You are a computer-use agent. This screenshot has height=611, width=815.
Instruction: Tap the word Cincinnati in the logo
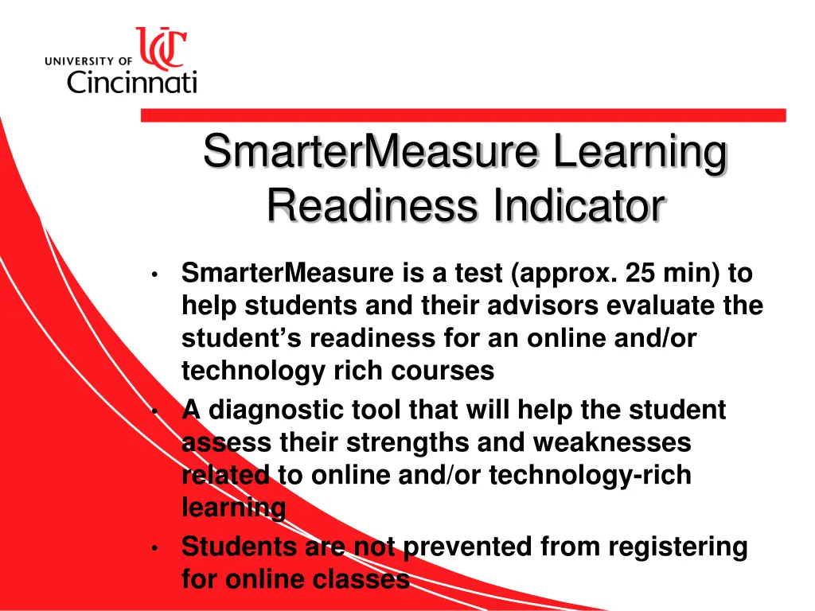point(131,81)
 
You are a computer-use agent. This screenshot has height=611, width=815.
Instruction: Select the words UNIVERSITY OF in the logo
point(88,60)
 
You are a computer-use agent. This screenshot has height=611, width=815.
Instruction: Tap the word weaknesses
point(611,442)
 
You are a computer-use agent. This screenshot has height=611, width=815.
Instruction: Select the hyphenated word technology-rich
point(590,475)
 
